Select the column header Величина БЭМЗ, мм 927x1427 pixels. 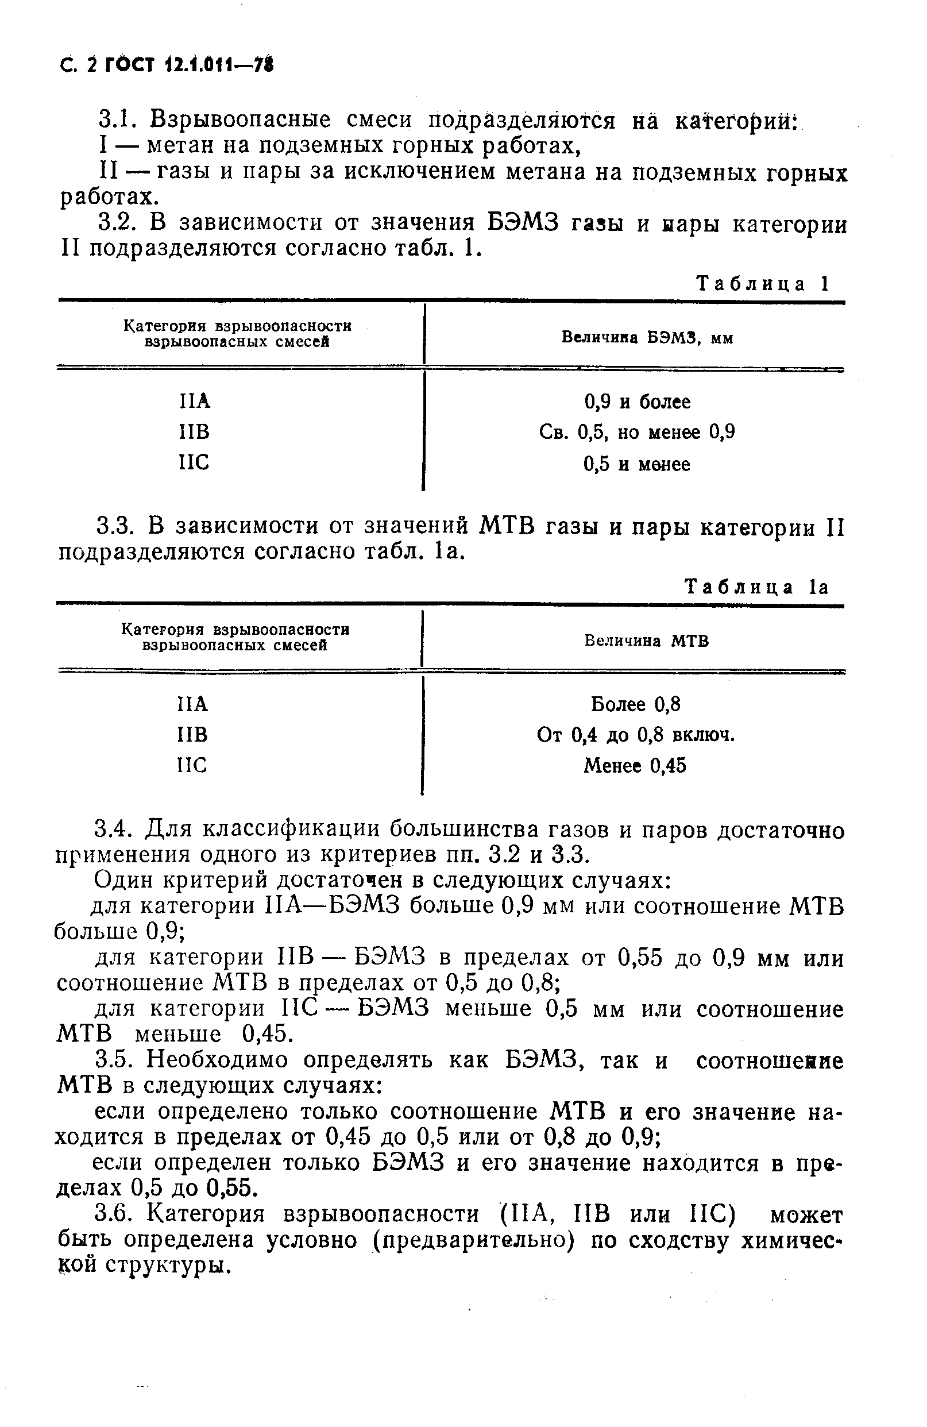click(647, 338)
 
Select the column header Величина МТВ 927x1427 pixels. click(646, 641)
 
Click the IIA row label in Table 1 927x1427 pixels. click(195, 400)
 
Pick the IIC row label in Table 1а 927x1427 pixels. click(192, 765)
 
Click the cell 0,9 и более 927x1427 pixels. click(637, 402)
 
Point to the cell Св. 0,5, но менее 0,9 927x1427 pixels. click(637, 433)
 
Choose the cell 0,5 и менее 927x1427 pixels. click(637, 464)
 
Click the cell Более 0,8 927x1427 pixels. click(636, 704)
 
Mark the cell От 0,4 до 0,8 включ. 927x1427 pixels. click(636, 735)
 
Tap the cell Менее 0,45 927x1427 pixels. click(635, 766)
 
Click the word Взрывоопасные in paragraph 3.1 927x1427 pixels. click(240, 119)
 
